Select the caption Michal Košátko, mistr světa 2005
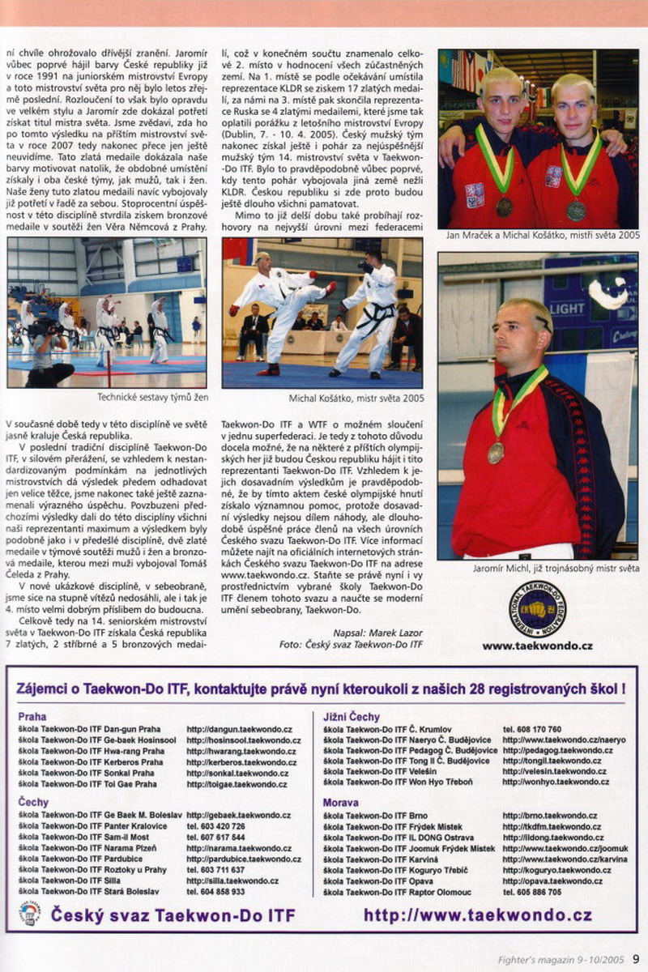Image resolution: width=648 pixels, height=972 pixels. [356, 399]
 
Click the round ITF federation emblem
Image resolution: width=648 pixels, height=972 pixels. [537, 608]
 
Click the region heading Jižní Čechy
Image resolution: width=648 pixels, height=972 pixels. [351, 717]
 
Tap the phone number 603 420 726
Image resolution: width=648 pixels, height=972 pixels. [215, 827]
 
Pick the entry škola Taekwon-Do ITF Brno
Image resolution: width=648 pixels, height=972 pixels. [376, 816]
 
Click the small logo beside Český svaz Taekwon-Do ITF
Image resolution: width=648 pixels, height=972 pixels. [30, 914]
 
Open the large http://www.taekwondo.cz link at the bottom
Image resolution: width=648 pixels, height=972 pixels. [478, 915]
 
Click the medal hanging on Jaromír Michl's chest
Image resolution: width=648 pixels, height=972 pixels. [496, 452]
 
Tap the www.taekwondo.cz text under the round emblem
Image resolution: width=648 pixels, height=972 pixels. [537, 646]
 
